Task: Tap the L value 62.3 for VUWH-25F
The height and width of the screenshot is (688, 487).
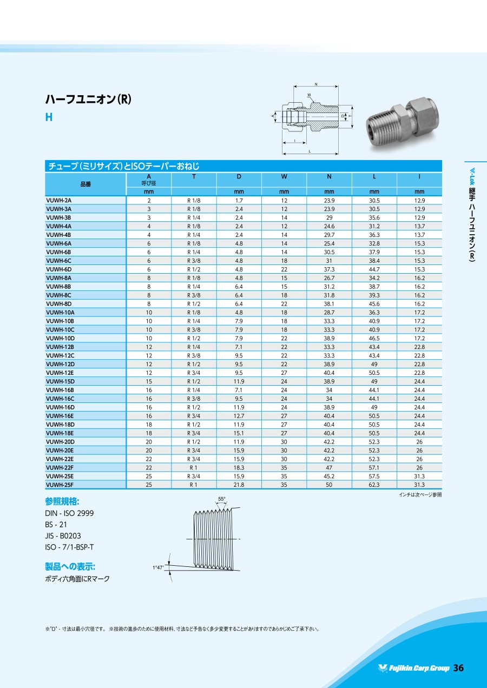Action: tap(374, 485)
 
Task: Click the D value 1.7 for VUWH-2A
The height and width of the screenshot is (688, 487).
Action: tap(239, 200)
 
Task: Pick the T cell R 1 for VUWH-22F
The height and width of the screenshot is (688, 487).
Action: tap(194, 468)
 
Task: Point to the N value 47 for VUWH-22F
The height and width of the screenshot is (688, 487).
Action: tap(329, 468)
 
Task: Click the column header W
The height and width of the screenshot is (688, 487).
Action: tap(284, 176)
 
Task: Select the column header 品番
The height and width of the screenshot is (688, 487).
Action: tap(85, 184)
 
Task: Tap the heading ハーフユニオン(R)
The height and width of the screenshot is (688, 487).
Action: tap(88, 100)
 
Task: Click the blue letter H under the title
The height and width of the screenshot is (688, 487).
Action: tap(49, 117)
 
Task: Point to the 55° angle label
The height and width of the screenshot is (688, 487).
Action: tap(221, 499)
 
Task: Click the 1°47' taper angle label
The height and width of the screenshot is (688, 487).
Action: tap(158, 567)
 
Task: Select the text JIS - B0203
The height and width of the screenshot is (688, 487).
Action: tap(63, 535)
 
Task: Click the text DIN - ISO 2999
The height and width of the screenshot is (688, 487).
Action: tap(69, 513)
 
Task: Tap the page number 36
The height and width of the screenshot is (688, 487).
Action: tap(458, 668)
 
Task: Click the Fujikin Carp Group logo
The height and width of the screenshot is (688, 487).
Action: tap(414, 669)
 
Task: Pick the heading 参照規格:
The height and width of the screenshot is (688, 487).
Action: tap(62, 500)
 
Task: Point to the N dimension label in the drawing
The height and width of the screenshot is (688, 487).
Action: tap(316, 84)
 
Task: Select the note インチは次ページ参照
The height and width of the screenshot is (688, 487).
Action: tap(420, 494)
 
